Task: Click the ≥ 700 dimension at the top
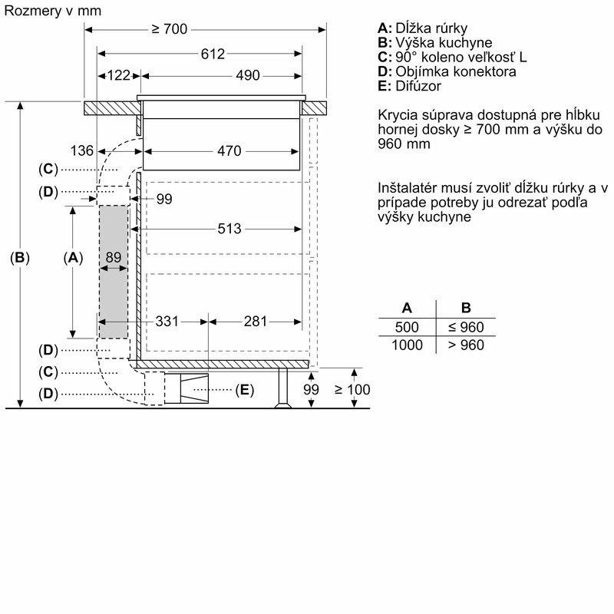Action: click(x=169, y=29)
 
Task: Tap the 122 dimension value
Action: click(x=119, y=75)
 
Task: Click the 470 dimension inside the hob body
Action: click(x=229, y=150)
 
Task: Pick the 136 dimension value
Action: click(x=81, y=150)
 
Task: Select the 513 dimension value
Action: click(x=229, y=229)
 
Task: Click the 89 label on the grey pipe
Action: click(x=114, y=258)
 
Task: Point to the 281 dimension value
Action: click(x=256, y=321)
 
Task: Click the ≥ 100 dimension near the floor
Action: click(x=352, y=390)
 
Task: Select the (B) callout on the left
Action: click(x=20, y=258)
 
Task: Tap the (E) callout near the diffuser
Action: click(x=243, y=390)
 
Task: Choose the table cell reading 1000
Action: click(x=407, y=345)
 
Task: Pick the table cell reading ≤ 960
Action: click(x=466, y=326)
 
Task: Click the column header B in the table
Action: click(x=466, y=308)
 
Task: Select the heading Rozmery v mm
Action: click(x=52, y=10)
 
